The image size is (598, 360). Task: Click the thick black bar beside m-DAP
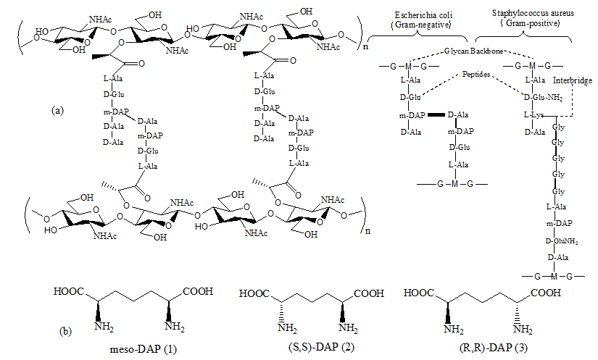click(x=436, y=114)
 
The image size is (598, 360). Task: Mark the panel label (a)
click(x=59, y=110)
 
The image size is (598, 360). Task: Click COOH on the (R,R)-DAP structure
click(x=543, y=293)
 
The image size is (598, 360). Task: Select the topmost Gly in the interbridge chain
click(x=558, y=126)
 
